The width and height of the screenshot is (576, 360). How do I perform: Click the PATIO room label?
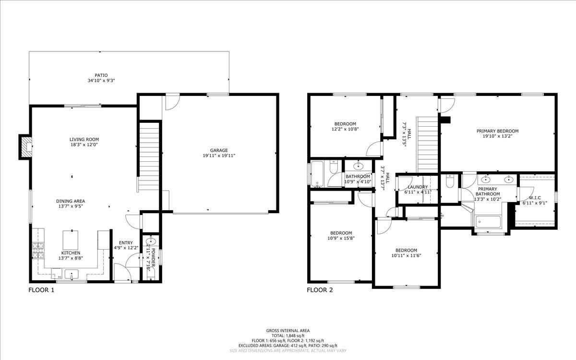[101, 75]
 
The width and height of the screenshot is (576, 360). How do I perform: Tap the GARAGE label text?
[218, 150]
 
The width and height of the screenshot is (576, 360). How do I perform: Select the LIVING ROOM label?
[84, 140]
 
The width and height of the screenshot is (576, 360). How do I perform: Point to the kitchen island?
[71, 239]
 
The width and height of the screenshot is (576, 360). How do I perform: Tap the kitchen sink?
[72, 275]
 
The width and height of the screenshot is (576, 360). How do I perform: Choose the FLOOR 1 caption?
[41, 290]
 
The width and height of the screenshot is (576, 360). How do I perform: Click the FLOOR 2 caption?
[320, 290]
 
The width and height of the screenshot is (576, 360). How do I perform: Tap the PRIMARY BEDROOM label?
[497, 131]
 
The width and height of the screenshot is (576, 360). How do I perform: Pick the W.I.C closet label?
[535, 197]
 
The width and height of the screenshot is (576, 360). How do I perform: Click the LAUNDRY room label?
[418, 187]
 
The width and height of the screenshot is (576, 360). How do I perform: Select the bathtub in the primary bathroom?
[488, 222]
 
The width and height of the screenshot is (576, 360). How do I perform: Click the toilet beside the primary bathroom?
[450, 182]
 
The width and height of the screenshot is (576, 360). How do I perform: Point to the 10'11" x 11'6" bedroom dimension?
[406, 256]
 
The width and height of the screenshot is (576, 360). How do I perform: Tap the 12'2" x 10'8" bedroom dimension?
[345, 129]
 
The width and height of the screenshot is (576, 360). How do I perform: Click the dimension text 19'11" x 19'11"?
[218, 156]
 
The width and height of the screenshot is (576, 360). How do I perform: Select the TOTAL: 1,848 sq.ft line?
[288, 336]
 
